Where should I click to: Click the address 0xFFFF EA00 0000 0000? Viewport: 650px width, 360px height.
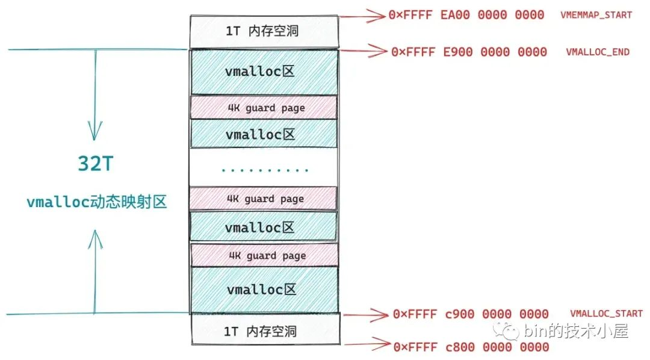(466, 14)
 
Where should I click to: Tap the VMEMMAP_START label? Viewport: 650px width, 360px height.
(596, 14)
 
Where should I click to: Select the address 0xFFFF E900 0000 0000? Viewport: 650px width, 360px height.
(469, 52)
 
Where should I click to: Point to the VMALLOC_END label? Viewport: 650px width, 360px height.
(598, 52)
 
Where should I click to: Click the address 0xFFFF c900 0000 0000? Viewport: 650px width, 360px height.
(471, 314)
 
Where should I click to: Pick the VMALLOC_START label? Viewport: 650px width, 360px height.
(606, 314)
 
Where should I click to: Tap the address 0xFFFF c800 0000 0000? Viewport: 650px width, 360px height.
(471, 347)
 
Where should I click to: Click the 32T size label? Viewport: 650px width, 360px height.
(94, 164)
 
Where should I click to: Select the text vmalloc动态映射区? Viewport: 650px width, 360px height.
(96, 202)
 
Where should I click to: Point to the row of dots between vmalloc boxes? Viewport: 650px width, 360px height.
(264, 170)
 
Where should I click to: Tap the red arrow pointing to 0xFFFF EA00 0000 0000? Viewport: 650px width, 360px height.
(362, 14)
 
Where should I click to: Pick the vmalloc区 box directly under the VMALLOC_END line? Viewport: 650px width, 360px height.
(264, 72)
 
